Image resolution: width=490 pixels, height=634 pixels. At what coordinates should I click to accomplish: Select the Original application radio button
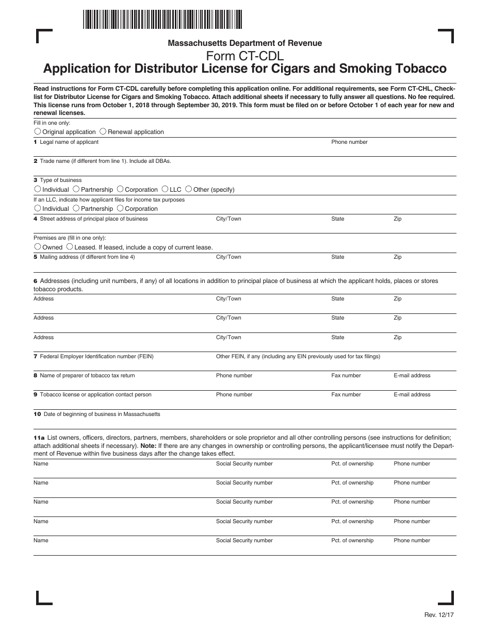pos(38,131)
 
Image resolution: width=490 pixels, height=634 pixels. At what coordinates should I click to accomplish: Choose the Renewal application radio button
pos(103,131)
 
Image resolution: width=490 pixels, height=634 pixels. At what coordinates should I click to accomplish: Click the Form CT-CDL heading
pos(244,56)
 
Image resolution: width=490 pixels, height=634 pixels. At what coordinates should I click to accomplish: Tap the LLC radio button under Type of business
pos(165,189)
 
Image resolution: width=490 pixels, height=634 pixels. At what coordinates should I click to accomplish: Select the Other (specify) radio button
pos(188,189)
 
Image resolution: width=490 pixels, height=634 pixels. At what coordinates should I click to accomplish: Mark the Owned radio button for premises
pos(38,247)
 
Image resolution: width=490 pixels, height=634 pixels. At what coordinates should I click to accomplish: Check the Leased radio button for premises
pos(70,247)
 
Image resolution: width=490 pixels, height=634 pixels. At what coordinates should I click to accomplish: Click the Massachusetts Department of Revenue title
pos(244,43)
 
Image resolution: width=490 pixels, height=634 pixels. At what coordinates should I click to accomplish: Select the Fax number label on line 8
pos(346,376)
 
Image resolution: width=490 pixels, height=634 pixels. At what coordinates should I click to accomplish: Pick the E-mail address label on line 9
pos(412,395)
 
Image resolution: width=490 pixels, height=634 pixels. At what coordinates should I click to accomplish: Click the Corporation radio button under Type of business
pos(120,189)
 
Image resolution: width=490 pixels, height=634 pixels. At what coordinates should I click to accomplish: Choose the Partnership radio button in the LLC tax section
pos(76,208)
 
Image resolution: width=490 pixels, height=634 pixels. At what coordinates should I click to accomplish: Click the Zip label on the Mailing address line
pos(397,257)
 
